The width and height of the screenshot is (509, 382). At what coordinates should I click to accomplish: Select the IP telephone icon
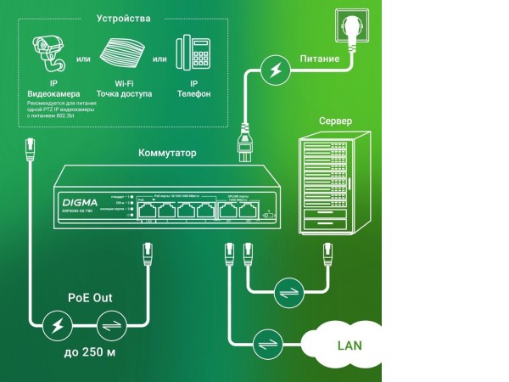[x=194, y=53]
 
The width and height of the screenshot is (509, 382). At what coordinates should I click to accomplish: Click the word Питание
[x=320, y=59]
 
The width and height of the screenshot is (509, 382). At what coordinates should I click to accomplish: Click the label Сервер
[x=335, y=121]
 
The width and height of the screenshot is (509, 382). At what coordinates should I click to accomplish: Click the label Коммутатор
[x=167, y=154]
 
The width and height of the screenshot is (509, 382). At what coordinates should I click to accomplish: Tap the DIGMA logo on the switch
[x=81, y=202]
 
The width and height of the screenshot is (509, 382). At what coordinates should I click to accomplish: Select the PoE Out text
[x=90, y=298]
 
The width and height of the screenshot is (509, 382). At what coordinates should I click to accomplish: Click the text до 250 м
[x=90, y=352]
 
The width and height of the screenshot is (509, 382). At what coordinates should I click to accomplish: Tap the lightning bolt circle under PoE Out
[x=58, y=324]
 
